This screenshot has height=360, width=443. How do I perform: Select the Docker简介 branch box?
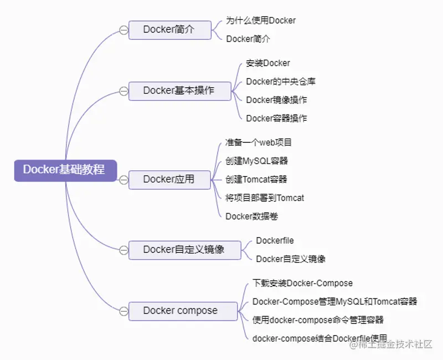pos(169,30)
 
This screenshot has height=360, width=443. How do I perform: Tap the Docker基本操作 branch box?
pos(179,91)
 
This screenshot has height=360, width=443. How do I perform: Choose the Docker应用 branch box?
pos(169,179)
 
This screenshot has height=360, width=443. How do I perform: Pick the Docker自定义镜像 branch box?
pos(184,250)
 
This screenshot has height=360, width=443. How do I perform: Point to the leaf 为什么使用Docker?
pos(260,20)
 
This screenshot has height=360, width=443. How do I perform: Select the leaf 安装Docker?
pos(268,63)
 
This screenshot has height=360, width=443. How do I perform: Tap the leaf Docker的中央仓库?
pos(281,81)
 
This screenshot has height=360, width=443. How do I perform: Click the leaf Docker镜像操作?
pos(276,100)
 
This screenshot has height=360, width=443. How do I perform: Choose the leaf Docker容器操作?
pos(276,118)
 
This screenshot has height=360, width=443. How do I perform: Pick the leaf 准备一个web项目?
pos(259,142)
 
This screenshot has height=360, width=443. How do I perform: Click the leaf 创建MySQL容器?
pos(256,161)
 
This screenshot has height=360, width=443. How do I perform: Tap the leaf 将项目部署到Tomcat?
pos(265,198)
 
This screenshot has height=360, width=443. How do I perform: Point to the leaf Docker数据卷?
pos(251,216)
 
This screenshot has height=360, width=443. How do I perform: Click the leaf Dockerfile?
pos(275,241)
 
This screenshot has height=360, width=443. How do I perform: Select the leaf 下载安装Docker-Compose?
pos(302,283)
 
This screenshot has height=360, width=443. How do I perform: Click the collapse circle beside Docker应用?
pos(123,179)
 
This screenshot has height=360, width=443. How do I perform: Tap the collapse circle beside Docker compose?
pos(123,311)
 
